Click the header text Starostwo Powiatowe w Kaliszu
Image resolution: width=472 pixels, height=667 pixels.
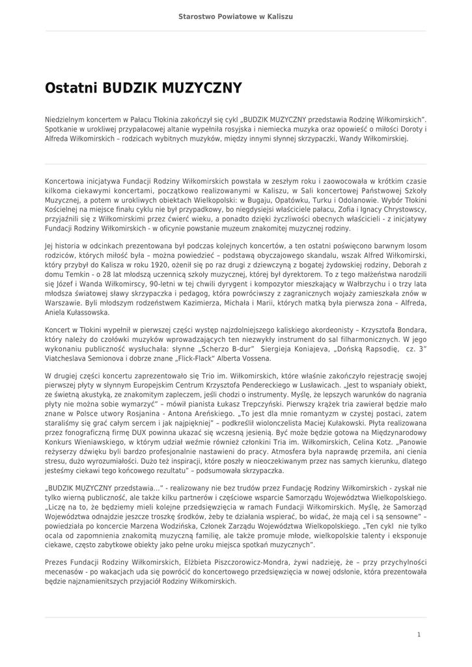[x=236, y=15]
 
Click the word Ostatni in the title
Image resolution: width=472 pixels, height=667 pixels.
[x=71, y=88]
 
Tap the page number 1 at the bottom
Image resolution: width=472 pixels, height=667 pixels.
[x=419, y=634]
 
